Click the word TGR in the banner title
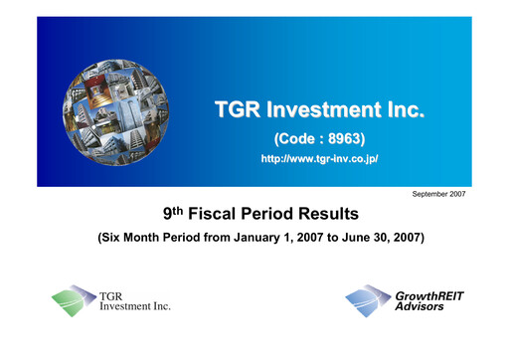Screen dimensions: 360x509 tap(239, 109)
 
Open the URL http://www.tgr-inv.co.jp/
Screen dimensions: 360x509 tap(319, 158)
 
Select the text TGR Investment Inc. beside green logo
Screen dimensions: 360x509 tap(134, 301)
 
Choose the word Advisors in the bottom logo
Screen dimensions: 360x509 tap(418, 307)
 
